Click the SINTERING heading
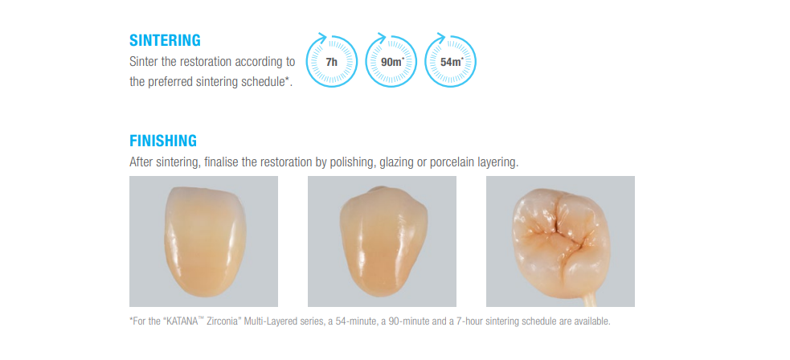165,40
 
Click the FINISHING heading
162,141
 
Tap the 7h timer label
332,63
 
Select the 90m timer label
390,63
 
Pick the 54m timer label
452,63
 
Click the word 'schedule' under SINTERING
264,82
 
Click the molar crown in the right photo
561,239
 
